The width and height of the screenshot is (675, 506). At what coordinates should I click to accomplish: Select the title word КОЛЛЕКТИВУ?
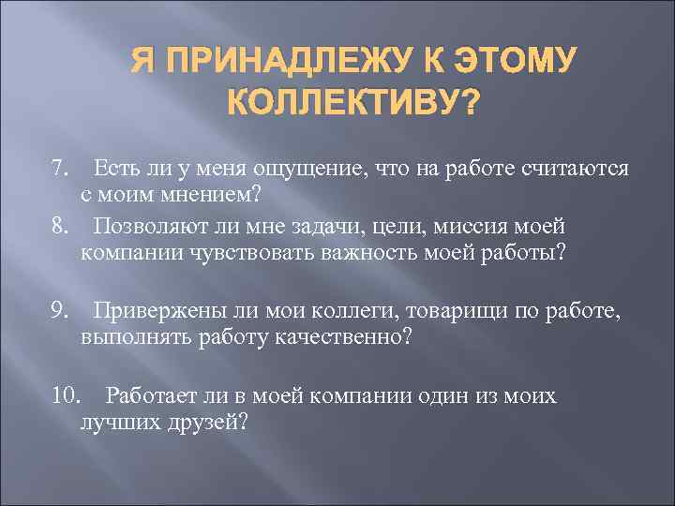point(351,99)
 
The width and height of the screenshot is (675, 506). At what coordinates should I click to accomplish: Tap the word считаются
point(572,169)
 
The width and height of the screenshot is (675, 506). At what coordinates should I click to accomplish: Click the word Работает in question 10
point(152,395)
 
